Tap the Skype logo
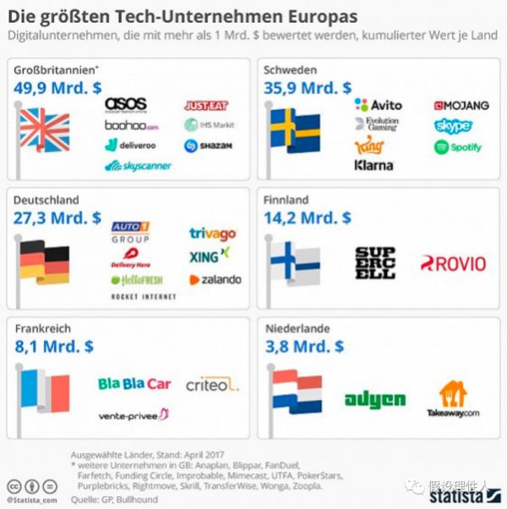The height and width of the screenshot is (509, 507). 453,126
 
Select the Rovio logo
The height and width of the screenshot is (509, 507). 453,264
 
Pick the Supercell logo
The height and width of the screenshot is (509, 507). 374,263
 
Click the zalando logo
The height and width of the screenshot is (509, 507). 215,279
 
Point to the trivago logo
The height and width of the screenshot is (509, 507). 212,233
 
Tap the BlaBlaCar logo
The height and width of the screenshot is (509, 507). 134,384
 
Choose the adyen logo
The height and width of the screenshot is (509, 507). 374,399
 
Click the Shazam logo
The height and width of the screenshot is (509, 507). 207,145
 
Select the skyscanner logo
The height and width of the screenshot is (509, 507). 138,166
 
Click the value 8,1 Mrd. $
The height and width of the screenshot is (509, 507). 54,346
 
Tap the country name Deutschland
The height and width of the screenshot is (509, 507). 46,200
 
